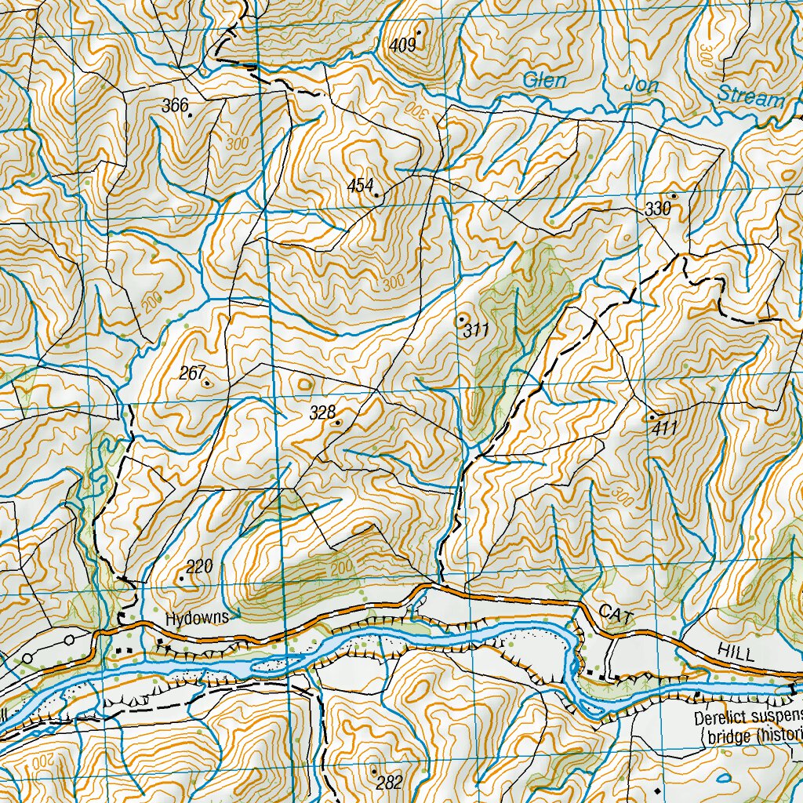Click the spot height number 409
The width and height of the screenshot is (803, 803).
click(401, 45)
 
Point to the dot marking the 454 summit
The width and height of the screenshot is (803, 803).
click(376, 194)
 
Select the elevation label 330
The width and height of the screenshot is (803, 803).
click(658, 209)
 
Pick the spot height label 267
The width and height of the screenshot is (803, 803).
click(191, 373)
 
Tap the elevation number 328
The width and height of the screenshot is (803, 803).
click(322, 413)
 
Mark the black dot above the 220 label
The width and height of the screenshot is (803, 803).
click(181, 579)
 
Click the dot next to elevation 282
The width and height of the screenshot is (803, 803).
click(373, 771)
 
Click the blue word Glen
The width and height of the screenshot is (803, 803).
click(544, 80)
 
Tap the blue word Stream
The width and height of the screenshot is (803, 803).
click(751, 98)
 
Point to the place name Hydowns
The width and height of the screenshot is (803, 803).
click(196, 618)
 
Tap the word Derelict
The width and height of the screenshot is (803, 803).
click(721, 718)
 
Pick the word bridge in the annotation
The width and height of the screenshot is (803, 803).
click(725, 737)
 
